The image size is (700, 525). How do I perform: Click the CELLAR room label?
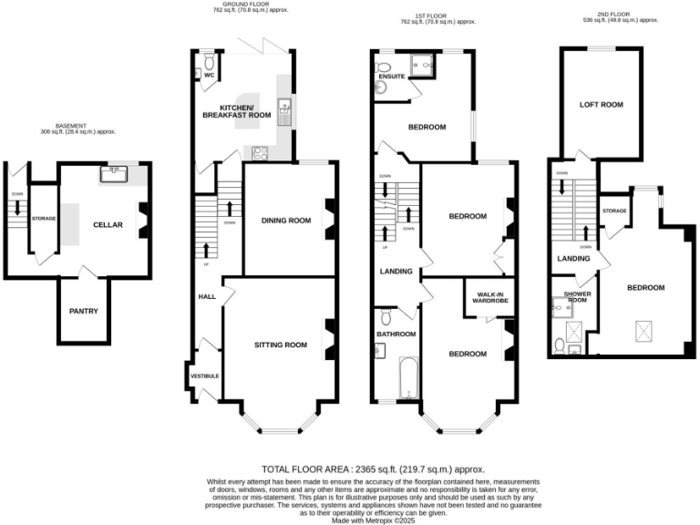[108, 223]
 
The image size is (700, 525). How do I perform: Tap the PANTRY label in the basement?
[84, 311]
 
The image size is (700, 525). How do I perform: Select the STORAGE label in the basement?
[43, 218]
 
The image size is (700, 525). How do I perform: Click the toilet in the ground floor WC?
[210, 61]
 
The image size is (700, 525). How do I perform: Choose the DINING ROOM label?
[286, 220]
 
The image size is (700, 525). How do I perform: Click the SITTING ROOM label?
[280, 345]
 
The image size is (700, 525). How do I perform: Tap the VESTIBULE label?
[204, 376]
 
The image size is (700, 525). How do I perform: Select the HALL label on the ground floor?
[206, 297]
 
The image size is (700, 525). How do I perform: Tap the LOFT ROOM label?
[601, 105]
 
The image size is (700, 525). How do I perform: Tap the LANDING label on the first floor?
[396, 272]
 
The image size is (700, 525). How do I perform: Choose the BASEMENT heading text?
[70, 126]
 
